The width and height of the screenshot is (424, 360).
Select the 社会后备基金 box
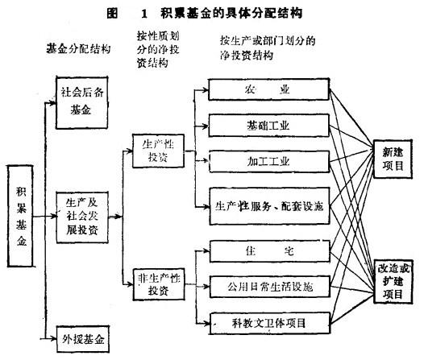click(81, 99)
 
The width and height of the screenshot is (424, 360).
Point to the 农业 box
click(266, 89)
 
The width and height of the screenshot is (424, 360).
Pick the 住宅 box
click(266, 250)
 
